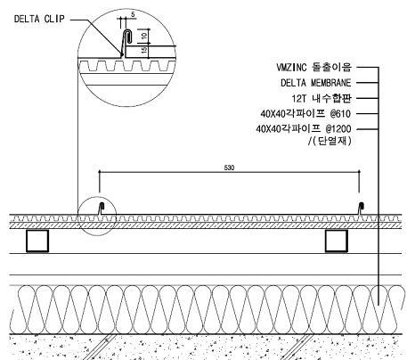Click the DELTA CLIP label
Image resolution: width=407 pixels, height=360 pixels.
pos(39,19)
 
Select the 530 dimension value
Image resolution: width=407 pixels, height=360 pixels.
pos(229,168)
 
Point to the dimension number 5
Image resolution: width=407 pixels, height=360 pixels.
pos(133,14)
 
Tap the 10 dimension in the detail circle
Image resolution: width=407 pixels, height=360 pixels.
pos(144,36)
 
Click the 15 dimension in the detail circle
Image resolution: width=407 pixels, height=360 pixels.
pos(144,50)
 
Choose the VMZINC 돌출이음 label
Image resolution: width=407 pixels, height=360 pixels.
pos(313,67)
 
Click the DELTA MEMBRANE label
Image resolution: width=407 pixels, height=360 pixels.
pos(316,83)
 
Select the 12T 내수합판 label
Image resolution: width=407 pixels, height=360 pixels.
pos(322,98)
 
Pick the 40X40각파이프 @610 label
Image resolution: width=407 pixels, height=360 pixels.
pos(305,113)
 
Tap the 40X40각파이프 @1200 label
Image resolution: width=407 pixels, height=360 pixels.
pos(304,129)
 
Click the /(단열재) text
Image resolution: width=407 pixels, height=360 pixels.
pos(330,141)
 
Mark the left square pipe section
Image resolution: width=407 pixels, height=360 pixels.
pos(37,241)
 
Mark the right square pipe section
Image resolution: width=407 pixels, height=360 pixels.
pos(337,241)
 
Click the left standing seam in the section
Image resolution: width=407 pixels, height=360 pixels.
pos(101,209)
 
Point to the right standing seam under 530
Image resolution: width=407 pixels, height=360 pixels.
pos(361,209)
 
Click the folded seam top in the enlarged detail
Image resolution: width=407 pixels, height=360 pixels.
pos(127,30)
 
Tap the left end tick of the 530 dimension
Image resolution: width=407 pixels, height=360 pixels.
pos(100,172)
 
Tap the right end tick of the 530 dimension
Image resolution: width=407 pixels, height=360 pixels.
pos(359,172)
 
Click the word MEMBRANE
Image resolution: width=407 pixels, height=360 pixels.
pos(331,83)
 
